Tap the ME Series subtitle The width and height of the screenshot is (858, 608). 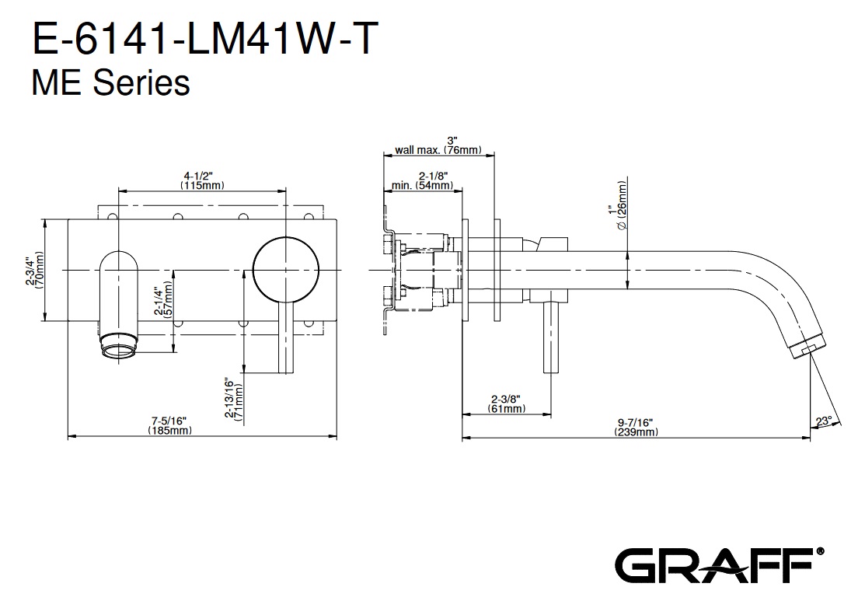pyautogui.click(x=110, y=82)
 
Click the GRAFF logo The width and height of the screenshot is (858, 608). pyautogui.click(x=716, y=564)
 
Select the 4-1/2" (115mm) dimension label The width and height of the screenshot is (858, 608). pyautogui.click(x=201, y=180)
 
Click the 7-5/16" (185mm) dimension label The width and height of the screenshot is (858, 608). pyautogui.click(x=169, y=426)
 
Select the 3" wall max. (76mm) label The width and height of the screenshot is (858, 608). pyautogui.click(x=439, y=145)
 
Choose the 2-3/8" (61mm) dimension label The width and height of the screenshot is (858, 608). pyautogui.click(x=506, y=403)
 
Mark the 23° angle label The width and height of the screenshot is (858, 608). pyautogui.click(x=823, y=421)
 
